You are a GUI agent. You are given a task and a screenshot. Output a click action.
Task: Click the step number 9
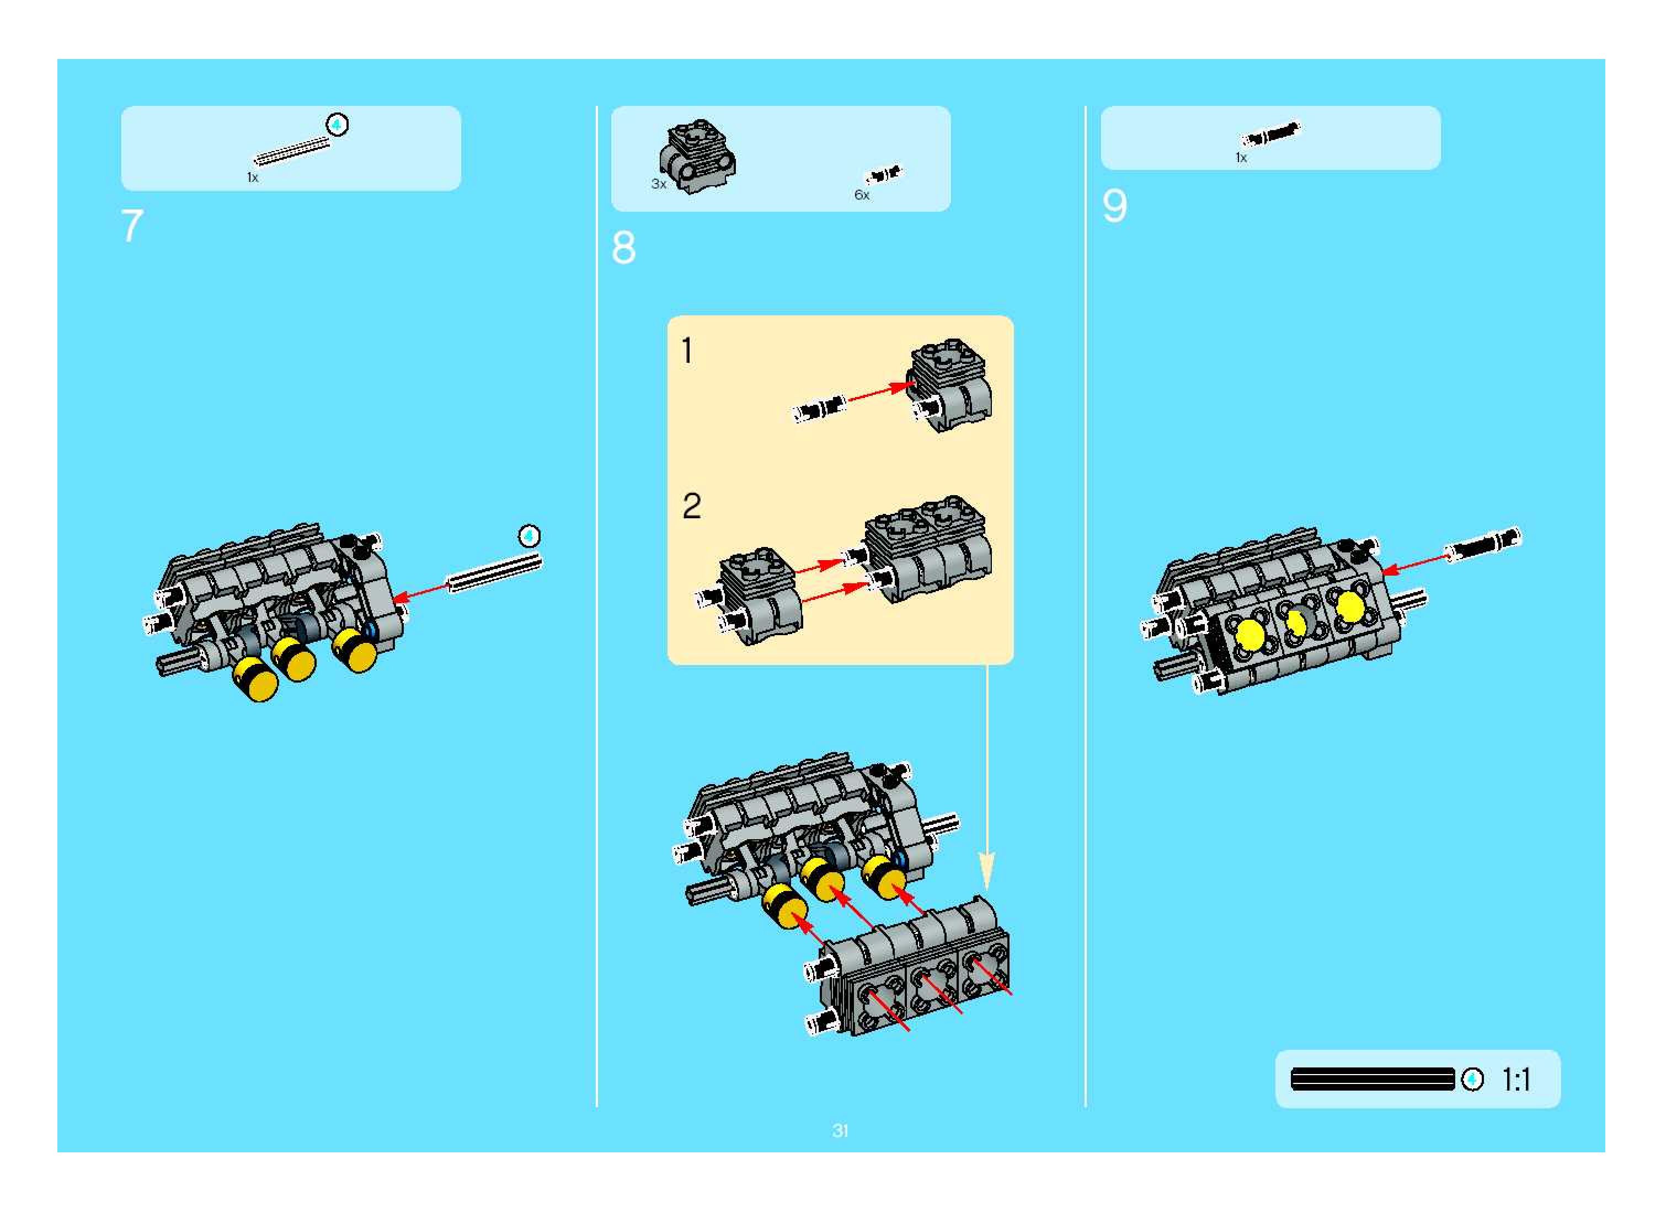[1114, 206]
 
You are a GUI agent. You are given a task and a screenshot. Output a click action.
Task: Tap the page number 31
[840, 1131]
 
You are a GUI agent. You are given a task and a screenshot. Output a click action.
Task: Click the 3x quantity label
[658, 184]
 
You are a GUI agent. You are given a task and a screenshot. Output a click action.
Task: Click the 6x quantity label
[862, 195]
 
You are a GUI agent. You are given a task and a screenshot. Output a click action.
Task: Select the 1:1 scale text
[1516, 1080]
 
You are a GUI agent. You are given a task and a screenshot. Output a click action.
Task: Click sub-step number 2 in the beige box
[691, 507]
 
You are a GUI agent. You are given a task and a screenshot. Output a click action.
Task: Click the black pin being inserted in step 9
[1483, 545]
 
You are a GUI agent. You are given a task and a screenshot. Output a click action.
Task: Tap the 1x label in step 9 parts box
[1241, 158]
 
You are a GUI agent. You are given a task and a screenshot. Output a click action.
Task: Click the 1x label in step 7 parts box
[252, 178]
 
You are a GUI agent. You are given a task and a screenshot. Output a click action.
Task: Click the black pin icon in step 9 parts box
[1270, 135]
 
